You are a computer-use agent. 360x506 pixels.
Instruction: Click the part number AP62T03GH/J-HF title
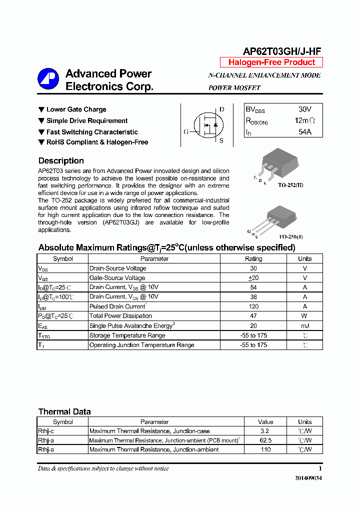coord(281,51)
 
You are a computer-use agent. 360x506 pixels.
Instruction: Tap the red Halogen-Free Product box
coord(271,62)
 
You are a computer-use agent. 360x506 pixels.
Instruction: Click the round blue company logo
coord(48,79)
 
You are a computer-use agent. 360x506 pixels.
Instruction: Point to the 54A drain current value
coord(304,132)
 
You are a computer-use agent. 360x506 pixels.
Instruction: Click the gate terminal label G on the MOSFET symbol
coord(186,132)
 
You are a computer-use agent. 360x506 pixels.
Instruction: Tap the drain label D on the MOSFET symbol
coord(221,109)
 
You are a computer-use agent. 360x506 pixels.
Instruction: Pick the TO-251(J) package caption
coord(290,236)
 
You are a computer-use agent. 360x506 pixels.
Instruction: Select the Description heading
coord(61,161)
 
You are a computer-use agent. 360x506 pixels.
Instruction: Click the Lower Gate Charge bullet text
coord(76,109)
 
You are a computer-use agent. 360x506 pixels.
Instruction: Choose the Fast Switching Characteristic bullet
coord(92,132)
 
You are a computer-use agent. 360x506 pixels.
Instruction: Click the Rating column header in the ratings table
coord(253,259)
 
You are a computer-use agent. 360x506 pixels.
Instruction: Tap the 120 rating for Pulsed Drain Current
coord(253,306)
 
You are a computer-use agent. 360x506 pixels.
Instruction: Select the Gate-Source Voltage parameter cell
coord(117,278)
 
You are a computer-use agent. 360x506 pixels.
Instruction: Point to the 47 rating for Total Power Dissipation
coord(253,316)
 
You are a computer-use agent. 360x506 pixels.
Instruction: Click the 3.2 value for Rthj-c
coord(265,431)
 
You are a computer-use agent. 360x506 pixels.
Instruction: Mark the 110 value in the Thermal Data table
coord(265,449)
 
